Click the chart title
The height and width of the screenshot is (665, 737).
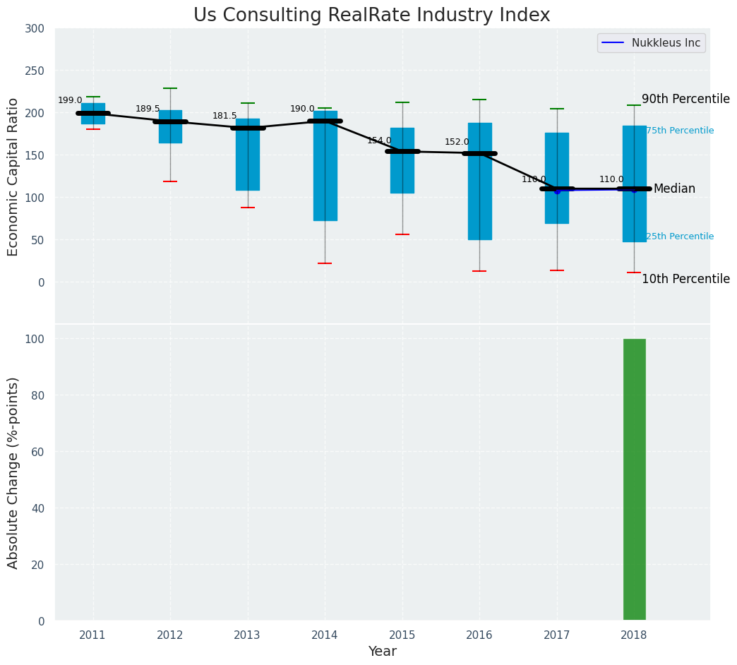click(371, 16)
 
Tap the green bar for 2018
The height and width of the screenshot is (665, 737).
click(634, 479)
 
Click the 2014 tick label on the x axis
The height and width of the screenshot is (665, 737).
click(325, 635)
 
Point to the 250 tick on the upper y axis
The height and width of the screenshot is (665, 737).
click(34, 71)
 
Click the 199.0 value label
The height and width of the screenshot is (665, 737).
click(70, 101)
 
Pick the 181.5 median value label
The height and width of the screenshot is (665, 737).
click(224, 116)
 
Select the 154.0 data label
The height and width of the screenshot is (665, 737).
click(379, 141)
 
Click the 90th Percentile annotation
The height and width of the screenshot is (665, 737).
click(685, 99)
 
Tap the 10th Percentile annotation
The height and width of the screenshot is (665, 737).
click(685, 279)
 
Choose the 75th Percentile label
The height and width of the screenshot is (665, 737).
click(680, 131)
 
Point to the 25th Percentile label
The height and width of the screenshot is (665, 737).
click(680, 236)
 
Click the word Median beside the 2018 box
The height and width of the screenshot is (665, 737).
click(674, 188)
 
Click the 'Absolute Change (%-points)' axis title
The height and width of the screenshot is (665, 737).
click(13, 472)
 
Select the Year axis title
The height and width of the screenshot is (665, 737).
click(382, 652)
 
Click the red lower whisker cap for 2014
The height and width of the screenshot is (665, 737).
click(325, 263)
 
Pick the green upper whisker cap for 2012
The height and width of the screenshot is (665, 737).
click(170, 88)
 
